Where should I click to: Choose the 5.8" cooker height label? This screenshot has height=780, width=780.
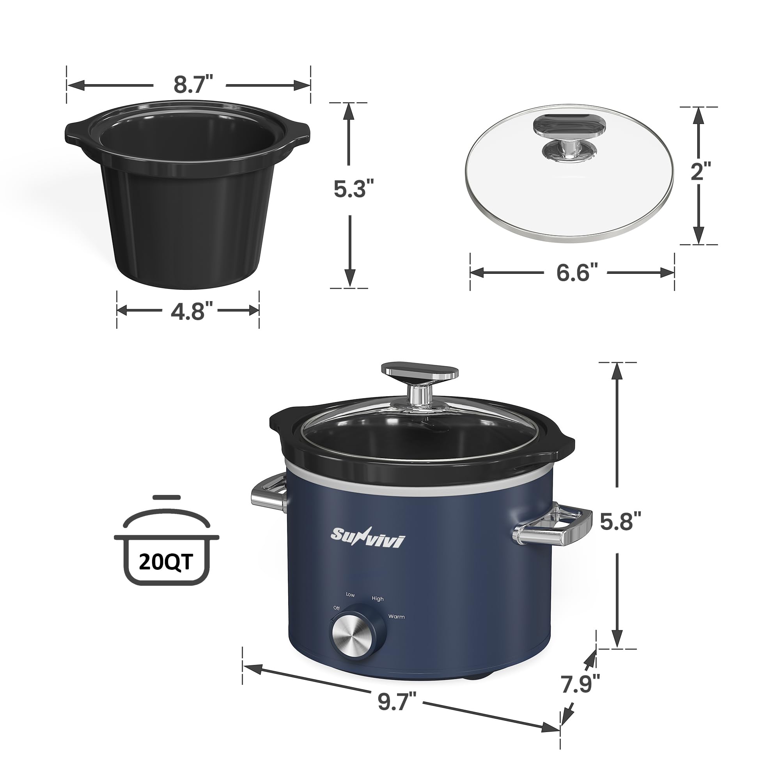620,522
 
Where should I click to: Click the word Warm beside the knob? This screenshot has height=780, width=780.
396,617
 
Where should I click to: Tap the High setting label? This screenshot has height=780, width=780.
378,599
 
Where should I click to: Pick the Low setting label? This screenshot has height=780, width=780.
350,595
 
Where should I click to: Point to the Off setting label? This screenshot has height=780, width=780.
336,608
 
